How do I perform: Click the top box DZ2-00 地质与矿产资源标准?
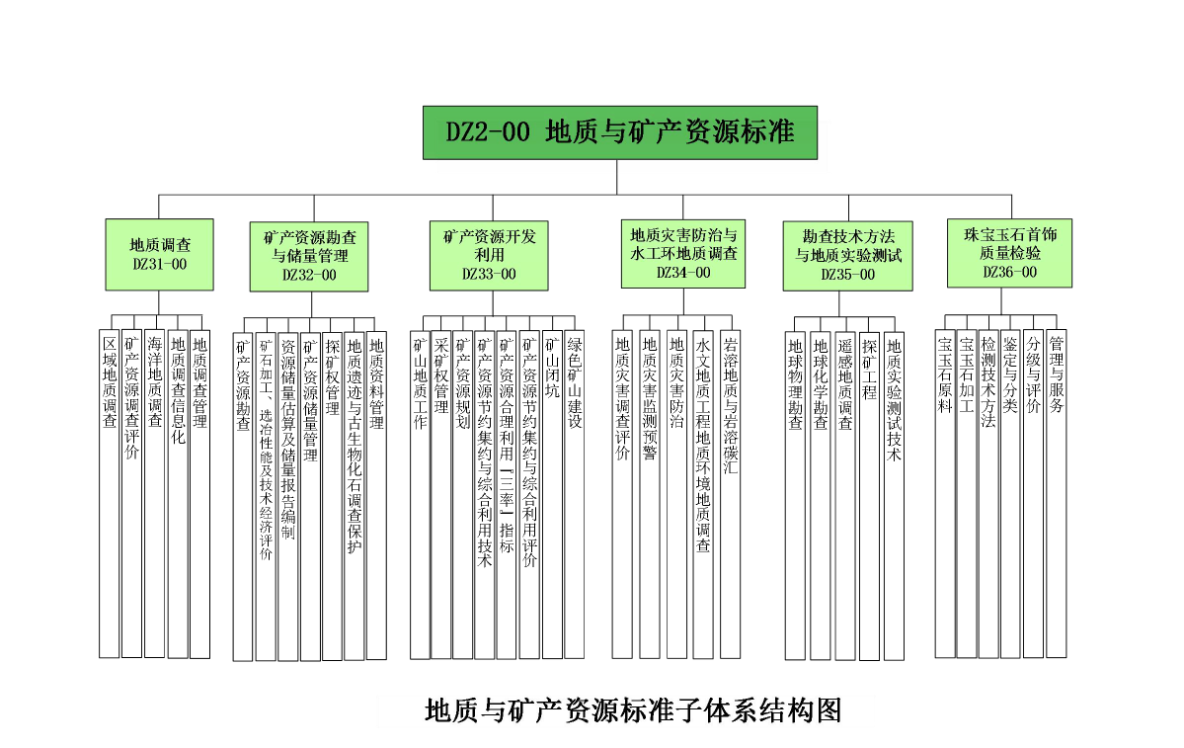[x=620, y=132]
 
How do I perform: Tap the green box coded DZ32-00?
[x=309, y=256]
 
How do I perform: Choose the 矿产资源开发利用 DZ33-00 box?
[x=489, y=254]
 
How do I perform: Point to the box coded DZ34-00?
[x=683, y=254]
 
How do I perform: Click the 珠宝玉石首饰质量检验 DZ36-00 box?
[x=1009, y=254]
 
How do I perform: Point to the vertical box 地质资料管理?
[x=376, y=495]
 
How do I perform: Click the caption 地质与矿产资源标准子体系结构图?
[x=632, y=709]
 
